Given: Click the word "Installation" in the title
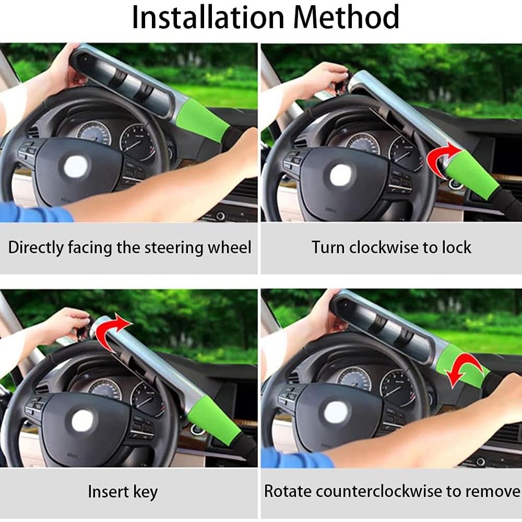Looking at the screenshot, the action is point(208,17).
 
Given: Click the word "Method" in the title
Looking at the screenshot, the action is point(346,17).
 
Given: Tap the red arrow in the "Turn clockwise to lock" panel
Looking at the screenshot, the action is point(440,160).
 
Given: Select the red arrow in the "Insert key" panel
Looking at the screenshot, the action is point(112,331).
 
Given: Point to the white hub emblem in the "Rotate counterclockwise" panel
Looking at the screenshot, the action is point(337,412).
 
